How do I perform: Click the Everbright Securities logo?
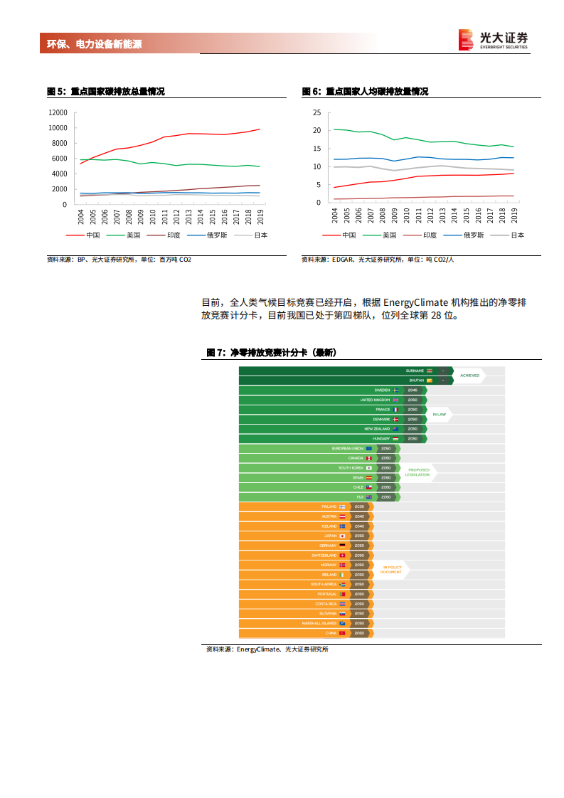pos(494,40)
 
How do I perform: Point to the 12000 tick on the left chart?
pos(58,112)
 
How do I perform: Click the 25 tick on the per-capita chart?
pos(316,112)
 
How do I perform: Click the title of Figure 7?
pos(271,353)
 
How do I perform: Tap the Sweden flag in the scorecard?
pos(395,390)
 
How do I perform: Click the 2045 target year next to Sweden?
pos(413,390)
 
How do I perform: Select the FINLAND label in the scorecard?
pos(329,506)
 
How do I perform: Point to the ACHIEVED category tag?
pos(469,376)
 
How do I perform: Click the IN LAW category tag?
pos(440,414)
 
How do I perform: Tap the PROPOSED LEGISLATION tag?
pos(418,472)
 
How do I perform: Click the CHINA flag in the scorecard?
pos(342,633)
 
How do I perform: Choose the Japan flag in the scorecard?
pos(342,536)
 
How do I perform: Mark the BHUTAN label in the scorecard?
pos(415,381)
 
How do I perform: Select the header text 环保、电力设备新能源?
pos(94,44)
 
